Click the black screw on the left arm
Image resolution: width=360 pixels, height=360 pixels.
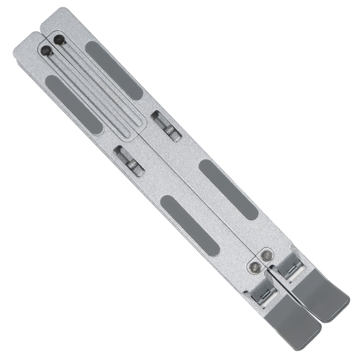[46, 51]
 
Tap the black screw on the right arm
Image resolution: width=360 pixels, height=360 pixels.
[59, 40]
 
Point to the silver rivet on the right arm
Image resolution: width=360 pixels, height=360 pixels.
[266, 256]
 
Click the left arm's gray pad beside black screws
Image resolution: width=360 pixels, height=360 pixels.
[74, 105]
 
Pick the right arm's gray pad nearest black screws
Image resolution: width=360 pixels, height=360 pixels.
[114, 70]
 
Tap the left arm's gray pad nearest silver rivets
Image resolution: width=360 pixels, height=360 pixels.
[190, 226]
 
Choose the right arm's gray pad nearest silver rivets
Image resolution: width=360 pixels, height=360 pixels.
[229, 189]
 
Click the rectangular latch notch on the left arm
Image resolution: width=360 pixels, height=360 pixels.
[129, 161]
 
